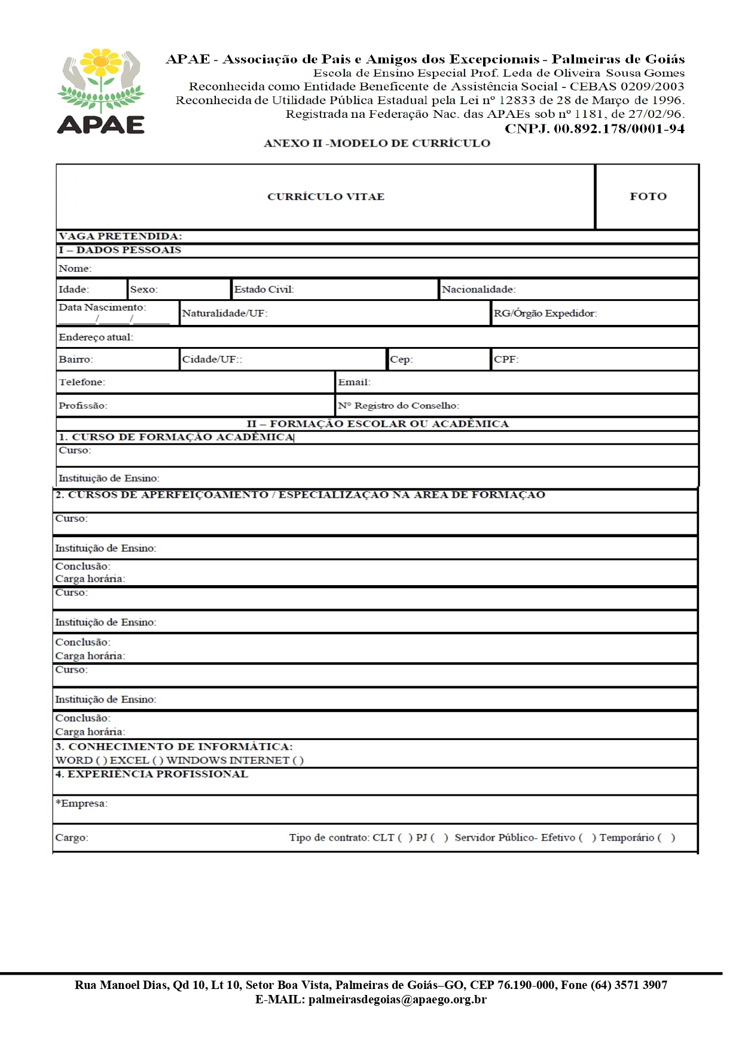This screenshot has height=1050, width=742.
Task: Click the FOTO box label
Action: click(648, 196)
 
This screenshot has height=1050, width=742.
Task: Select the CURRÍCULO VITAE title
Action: click(325, 196)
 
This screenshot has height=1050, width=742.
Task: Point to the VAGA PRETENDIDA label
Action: click(120, 236)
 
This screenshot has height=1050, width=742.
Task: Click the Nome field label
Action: click(75, 269)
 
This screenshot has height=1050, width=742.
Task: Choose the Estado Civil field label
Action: click(264, 290)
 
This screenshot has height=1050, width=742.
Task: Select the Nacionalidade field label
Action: click(478, 290)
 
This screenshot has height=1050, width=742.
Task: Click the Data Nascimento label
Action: click(102, 308)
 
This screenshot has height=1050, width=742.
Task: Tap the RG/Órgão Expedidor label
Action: click(545, 314)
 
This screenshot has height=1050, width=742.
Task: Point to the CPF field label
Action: click(506, 360)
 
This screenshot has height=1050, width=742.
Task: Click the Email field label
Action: click(354, 382)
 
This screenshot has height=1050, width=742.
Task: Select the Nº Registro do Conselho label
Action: click(398, 406)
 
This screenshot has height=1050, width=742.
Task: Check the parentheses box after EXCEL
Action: click(158, 760)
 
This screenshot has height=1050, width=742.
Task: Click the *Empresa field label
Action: click(81, 804)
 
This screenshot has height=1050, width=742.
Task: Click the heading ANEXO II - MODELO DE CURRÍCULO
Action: click(377, 144)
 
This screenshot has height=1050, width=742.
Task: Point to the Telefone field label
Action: click(81, 382)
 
